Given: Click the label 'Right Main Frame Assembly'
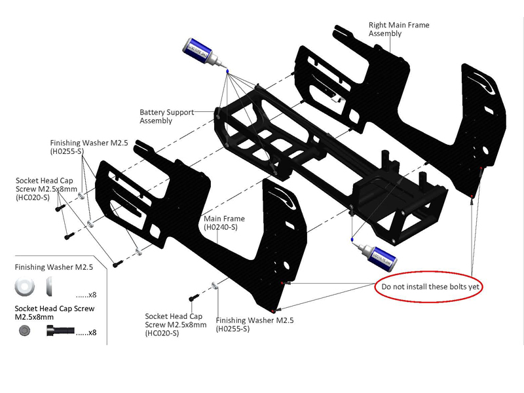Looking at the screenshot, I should pyautogui.click(x=399, y=29).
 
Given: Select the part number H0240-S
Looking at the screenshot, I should pyautogui.click(x=221, y=227).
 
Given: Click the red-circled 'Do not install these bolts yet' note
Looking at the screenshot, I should pyautogui.click(x=428, y=288).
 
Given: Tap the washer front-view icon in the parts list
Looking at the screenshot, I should pyautogui.click(x=25, y=286).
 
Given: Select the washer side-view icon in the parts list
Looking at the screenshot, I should pyautogui.click(x=49, y=286).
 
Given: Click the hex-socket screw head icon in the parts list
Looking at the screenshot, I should pyautogui.click(x=25, y=331).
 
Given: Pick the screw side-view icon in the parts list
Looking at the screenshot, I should pyautogui.click(x=58, y=331).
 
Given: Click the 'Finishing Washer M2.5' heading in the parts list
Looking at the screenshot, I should pyautogui.click(x=54, y=267).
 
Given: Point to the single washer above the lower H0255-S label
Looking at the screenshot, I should pyautogui.click(x=215, y=286).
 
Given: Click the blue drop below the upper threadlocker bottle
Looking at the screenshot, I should pyautogui.click(x=226, y=71).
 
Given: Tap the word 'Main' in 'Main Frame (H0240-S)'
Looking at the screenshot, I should pyautogui.click(x=214, y=219).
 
